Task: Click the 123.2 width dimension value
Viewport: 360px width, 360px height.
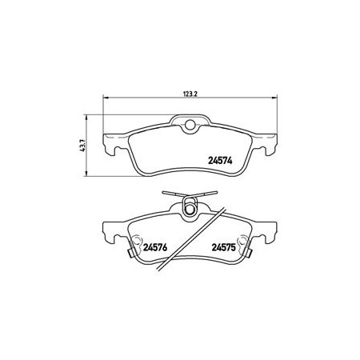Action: coord(190,94)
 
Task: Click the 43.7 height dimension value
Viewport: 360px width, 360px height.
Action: coord(83,146)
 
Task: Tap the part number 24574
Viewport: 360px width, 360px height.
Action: coord(220,161)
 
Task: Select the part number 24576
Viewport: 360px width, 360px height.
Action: coord(155,247)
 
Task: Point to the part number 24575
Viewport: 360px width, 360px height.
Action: coord(223,247)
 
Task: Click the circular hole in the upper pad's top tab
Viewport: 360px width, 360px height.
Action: coord(190,124)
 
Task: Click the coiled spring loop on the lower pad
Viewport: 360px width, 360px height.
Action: coord(190,206)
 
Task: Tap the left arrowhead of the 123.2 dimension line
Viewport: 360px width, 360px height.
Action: coord(106,98)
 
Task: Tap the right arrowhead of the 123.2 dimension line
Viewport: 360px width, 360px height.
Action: coord(274,98)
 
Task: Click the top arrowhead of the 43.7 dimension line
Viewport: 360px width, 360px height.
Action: coord(86,118)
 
